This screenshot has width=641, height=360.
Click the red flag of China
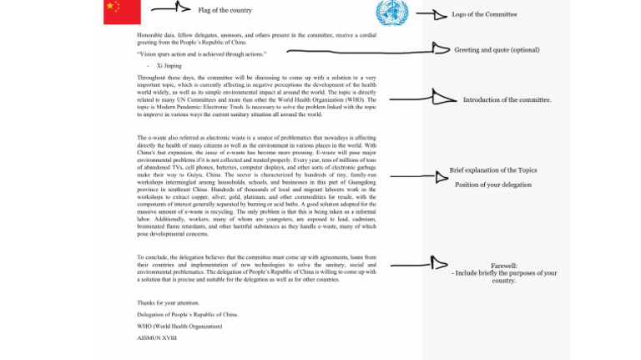click(x=122, y=12)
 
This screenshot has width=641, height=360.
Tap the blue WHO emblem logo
click(x=391, y=13)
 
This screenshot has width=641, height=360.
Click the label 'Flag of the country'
click(x=225, y=10)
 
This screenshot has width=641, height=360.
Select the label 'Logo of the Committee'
click(x=484, y=14)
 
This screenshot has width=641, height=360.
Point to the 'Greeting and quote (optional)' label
click(x=497, y=50)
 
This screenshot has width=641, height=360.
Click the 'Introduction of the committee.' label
click(x=507, y=99)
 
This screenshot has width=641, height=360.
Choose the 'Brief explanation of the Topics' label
click(x=493, y=170)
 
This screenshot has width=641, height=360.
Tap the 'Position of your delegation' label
click(x=492, y=185)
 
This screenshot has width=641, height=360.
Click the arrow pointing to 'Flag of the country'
click(x=172, y=8)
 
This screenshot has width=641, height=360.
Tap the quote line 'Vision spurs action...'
click(x=201, y=53)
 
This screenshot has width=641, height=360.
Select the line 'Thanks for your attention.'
click(x=168, y=302)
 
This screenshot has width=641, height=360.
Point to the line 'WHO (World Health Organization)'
click(x=179, y=326)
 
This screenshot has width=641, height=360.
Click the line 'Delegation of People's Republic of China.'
click(x=187, y=314)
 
